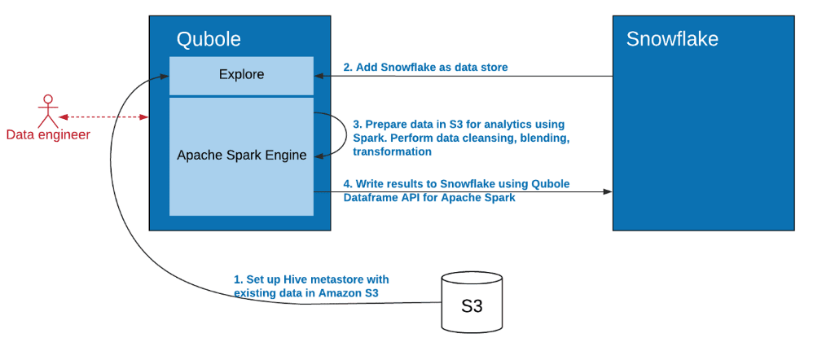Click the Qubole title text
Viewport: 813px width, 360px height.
[209, 39]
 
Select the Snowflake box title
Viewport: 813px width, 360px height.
[672, 39]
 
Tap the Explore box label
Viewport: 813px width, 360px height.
[241, 75]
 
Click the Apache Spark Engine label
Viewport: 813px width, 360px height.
[242, 155]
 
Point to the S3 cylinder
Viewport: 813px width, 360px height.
[472, 301]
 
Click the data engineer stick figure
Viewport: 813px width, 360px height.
[48, 111]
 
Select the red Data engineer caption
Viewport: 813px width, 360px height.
[48, 135]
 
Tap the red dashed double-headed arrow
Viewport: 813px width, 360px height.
[103, 117]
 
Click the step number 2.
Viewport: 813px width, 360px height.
[347, 68]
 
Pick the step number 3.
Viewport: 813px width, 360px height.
[357, 125]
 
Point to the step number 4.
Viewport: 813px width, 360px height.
[347, 184]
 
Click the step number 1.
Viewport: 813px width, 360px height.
[238, 279]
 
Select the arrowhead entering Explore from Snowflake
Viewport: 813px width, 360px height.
[319, 77]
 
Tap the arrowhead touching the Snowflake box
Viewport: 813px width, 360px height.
[608, 192]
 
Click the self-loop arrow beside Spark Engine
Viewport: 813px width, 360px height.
[346, 134]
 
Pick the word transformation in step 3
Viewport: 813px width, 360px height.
[392, 151]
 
